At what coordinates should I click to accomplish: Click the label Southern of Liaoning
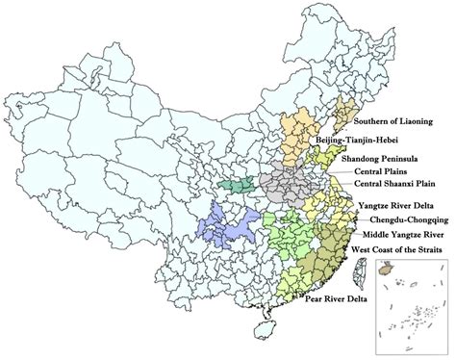(397, 122)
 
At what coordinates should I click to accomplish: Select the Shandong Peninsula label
(376, 157)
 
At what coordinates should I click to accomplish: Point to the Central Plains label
(361, 170)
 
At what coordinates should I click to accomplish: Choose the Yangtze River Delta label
(394, 206)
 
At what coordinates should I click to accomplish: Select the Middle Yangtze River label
(401, 234)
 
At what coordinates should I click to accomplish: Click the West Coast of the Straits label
(396, 249)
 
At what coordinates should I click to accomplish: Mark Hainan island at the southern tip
(259, 328)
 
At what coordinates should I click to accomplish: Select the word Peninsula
(394, 157)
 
